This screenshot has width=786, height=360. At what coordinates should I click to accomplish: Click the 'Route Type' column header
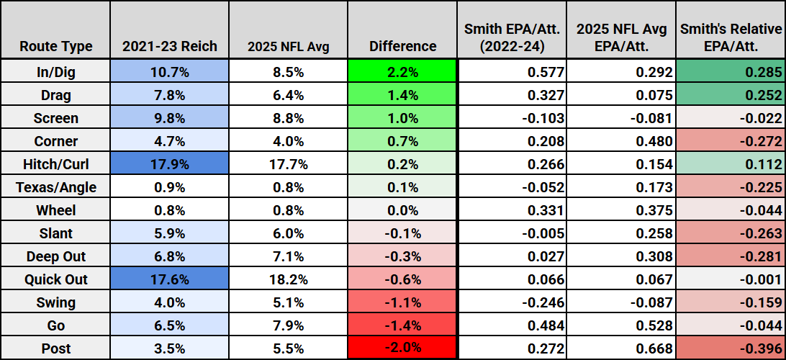click(55, 46)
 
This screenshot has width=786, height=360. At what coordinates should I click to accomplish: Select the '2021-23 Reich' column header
click(170, 46)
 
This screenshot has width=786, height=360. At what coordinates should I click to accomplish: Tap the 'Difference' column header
click(402, 46)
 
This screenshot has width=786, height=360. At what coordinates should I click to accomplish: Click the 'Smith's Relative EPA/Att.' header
click(731, 38)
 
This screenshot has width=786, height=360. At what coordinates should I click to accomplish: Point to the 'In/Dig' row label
click(55, 72)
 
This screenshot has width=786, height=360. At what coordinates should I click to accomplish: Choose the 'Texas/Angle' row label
click(55, 187)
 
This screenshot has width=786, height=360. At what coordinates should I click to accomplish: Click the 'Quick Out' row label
click(55, 279)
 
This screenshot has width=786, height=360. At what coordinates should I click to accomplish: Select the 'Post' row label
click(55, 348)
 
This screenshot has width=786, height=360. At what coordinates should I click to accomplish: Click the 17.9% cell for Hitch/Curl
click(170, 164)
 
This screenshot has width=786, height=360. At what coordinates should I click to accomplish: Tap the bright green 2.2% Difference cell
click(402, 72)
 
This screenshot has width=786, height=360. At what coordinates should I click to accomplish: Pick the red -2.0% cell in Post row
click(402, 348)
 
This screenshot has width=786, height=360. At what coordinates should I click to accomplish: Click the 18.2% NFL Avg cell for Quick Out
click(288, 279)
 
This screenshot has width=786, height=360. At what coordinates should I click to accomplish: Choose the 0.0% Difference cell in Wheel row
click(402, 210)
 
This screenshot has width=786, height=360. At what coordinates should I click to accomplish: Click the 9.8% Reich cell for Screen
click(170, 118)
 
